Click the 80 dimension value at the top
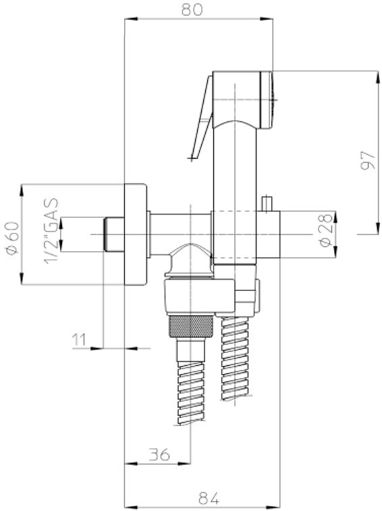click(x=192, y=9)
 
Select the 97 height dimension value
click(x=369, y=161)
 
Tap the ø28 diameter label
click(x=326, y=230)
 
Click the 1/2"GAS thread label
click(x=51, y=231)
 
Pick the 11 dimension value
click(x=79, y=340)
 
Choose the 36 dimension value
click(x=159, y=454)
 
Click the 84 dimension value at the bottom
click(x=209, y=498)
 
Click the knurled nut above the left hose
click(x=191, y=326)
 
